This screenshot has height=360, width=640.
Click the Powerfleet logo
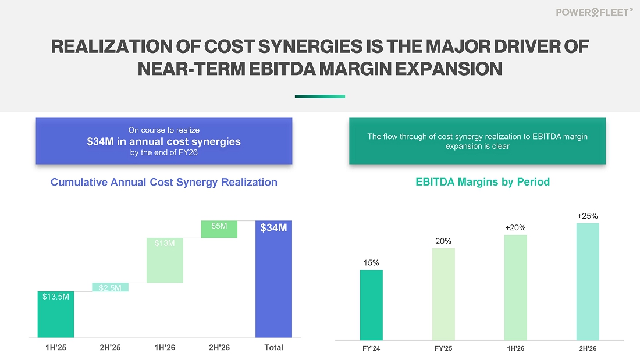[593, 12]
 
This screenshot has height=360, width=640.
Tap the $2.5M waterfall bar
[110, 287]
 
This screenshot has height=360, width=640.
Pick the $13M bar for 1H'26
[165, 261]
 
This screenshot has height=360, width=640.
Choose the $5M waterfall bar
[219, 229]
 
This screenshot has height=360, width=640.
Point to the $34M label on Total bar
[273, 229]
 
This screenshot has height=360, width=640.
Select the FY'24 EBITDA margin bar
[371, 305]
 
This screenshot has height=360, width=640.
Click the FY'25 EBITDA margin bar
[443, 294]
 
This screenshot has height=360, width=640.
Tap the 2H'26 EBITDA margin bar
[588, 282]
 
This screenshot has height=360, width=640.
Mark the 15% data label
[371, 263]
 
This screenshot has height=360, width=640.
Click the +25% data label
[588, 216]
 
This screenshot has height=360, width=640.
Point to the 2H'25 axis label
[110, 348]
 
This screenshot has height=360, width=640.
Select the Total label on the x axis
[273, 348]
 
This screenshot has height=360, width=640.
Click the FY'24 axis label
[371, 348]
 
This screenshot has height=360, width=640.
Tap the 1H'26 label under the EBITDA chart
[515, 348]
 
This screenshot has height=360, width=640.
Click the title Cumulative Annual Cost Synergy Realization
[164, 182]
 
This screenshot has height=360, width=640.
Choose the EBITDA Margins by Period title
[482, 182]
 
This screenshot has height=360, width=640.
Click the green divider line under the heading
[319, 97]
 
